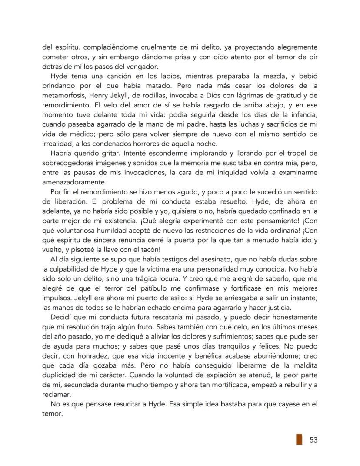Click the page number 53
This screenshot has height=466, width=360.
tap(313, 439)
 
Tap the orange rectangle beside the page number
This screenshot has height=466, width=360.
tap(299, 439)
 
